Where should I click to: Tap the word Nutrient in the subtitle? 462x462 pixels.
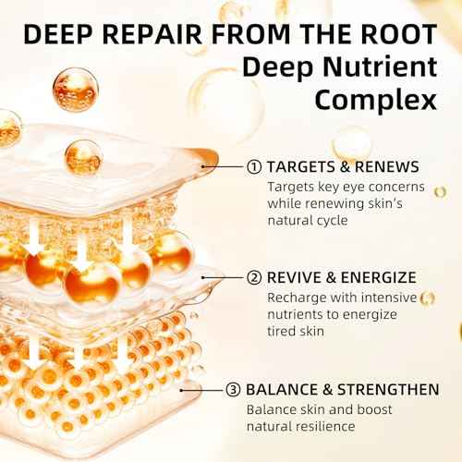pyautogui.click(x=380, y=67)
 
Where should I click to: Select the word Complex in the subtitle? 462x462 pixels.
pyautogui.click(x=376, y=101)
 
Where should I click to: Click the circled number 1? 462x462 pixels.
pyautogui.click(x=254, y=167)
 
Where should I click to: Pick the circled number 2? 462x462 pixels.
pyautogui.click(x=254, y=278)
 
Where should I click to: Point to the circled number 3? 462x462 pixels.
pyautogui.click(x=233, y=390)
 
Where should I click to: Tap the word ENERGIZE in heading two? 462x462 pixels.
pyautogui.click(x=379, y=278)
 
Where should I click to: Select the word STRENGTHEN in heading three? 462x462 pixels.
pyautogui.click(x=388, y=390)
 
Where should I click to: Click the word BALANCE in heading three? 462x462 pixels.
pyautogui.click(x=282, y=390)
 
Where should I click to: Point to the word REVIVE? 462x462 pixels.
pyautogui.click(x=294, y=278)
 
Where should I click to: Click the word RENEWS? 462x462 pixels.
pyautogui.click(x=387, y=167)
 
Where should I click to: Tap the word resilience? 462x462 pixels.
pyautogui.click(x=325, y=427)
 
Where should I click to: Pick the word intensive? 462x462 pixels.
pyautogui.click(x=389, y=298)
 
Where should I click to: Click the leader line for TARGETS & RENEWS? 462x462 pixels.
pyautogui.click(x=223, y=167)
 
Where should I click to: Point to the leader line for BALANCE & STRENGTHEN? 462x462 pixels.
pyautogui.click(x=201, y=390)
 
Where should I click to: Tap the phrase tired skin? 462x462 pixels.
pyautogui.click(x=296, y=332)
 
